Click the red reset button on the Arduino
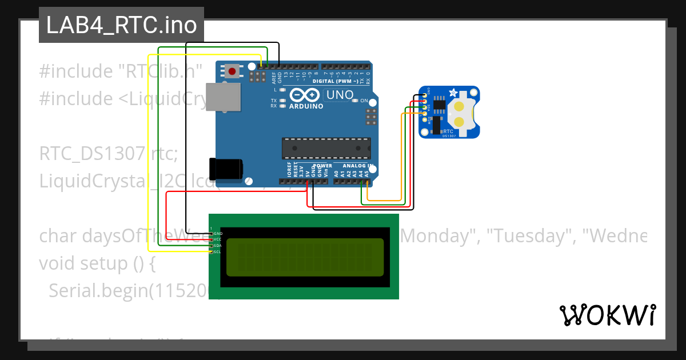coord(232,71)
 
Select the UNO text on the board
coord(339,94)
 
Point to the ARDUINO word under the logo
coord(306,106)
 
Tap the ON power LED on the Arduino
coord(356,101)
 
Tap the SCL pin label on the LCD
coord(218,251)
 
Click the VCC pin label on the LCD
coord(218,239)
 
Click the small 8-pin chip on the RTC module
coord(439,103)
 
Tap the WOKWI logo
coord(607,315)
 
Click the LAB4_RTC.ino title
coord(121,25)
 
